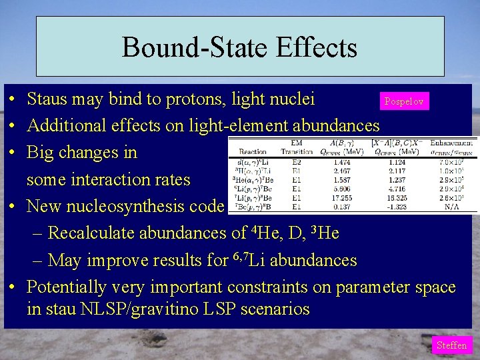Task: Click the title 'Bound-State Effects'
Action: [239, 48]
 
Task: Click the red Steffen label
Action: [451, 345]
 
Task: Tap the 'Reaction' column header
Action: [253, 151]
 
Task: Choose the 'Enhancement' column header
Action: [451, 142]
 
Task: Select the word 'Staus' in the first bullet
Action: [49, 99]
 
